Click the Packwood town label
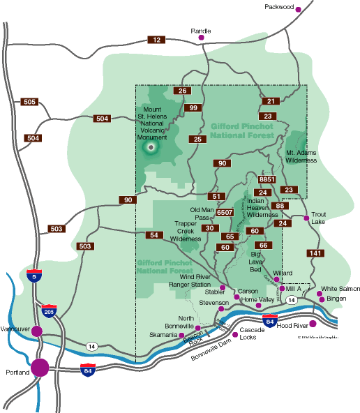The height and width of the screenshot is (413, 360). tap(279, 8)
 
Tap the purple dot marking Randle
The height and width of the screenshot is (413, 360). tap(202, 38)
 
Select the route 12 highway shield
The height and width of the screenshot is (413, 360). tap(156, 40)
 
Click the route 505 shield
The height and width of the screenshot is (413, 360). tap(29, 103)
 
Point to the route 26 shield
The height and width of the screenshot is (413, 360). tap(183, 91)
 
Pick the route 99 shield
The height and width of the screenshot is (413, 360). tap(195, 107)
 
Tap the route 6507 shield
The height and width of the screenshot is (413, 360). tap(225, 212)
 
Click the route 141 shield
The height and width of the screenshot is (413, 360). tap(315, 253)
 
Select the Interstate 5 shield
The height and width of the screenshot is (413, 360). tap(33, 276)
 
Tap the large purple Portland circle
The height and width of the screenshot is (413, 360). tap(40, 366)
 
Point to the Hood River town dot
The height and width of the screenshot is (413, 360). tap(313, 323)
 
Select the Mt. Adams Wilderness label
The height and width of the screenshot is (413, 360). tap(301, 156)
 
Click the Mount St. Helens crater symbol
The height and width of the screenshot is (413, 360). tap(153, 147)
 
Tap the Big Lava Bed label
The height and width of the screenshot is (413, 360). tap(260, 264)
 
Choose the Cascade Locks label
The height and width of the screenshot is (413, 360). tap(248, 332)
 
